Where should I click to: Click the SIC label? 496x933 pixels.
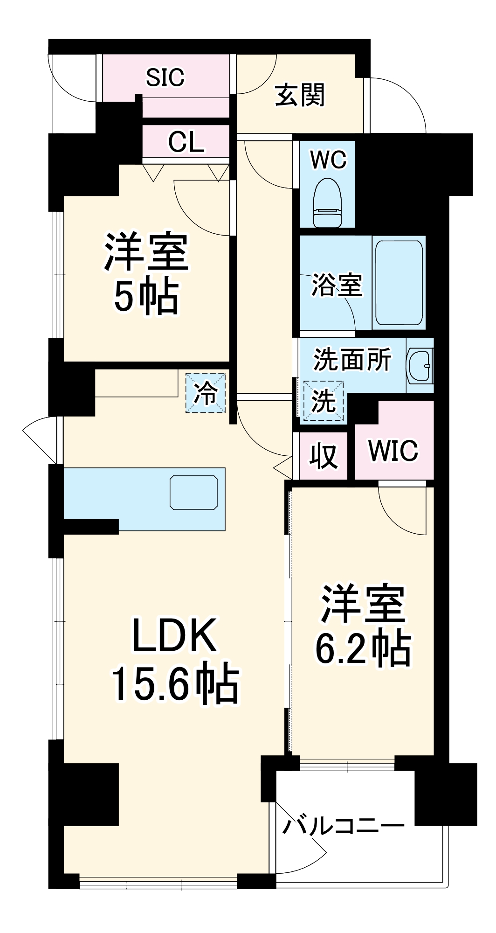pyautogui.click(x=165, y=77)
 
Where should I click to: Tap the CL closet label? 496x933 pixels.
pyautogui.click(x=186, y=142)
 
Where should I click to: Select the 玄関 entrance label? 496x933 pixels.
pyautogui.click(x=299, y=96)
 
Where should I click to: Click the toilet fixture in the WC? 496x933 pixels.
pyautogui.click(x=328, y=203)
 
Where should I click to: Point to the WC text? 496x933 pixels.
pyautogui.click(x=328, y=160)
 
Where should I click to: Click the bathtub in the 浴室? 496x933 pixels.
pyautogui.click(x=399, y=282)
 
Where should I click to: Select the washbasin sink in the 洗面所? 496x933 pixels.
pyautogui.click(x=420, y=366)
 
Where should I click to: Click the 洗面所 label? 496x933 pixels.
pyautogui.click(x=352, y=360)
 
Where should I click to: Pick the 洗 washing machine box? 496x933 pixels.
pyautogui.click(x=324, y=401)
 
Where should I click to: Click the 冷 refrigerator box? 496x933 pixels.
pyautogui.click(x=206, y=393)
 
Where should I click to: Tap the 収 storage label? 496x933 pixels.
pyautogui.click(x=324, y=456)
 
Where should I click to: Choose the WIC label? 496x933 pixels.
pyautogui.click(x=393, y=451)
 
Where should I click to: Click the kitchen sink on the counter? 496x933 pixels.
pyautogui.click(x=193, y=492)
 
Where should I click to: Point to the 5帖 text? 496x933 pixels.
pyautogui.click(x=146, y=297)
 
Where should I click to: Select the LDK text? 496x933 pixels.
pyautogui.click(x=174, y=635)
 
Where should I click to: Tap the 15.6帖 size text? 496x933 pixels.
pyautogui.click(x=175, y=684)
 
